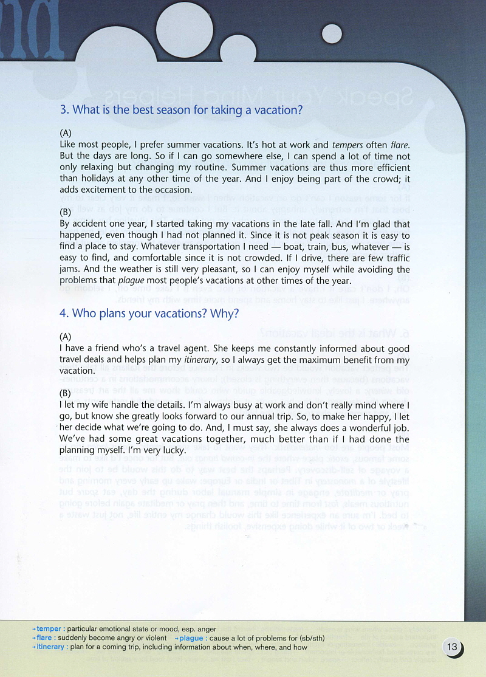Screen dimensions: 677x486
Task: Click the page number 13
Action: [452, 647]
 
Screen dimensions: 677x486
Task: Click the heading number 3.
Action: [63, 111]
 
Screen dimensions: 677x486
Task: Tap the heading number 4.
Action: [64, 314]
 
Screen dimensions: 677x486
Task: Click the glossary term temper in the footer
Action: [49, 628]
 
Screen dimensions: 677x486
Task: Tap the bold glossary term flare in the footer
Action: [44, 638]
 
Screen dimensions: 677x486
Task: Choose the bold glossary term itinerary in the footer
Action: [50, 647]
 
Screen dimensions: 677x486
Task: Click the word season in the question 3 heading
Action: [175, 111]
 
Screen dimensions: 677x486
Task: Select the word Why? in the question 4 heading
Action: [225, 314]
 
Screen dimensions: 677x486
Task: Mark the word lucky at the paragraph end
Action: [170, 450]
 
